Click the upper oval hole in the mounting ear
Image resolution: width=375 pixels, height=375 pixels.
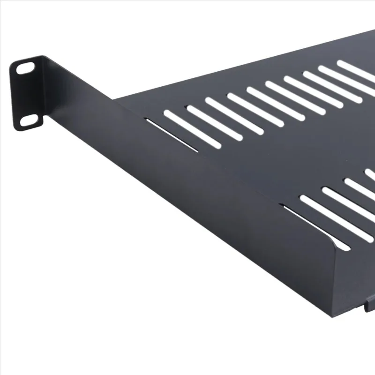25,68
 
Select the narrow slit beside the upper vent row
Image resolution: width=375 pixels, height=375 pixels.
172,135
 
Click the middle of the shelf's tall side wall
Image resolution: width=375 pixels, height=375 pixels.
187,187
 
